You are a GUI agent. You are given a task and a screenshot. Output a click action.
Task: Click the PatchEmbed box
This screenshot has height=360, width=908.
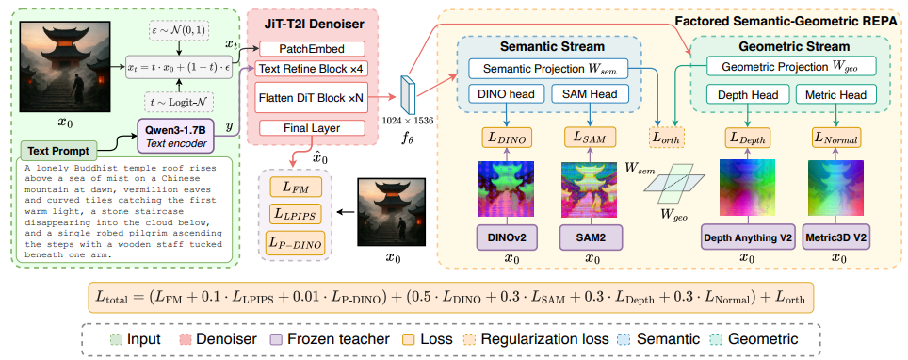312,49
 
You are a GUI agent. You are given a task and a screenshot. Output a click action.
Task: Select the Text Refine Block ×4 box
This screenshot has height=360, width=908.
312,69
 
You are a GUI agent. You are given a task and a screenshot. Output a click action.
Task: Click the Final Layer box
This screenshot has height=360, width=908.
312,127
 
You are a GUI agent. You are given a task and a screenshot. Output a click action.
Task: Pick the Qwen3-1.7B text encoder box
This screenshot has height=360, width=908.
174,135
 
